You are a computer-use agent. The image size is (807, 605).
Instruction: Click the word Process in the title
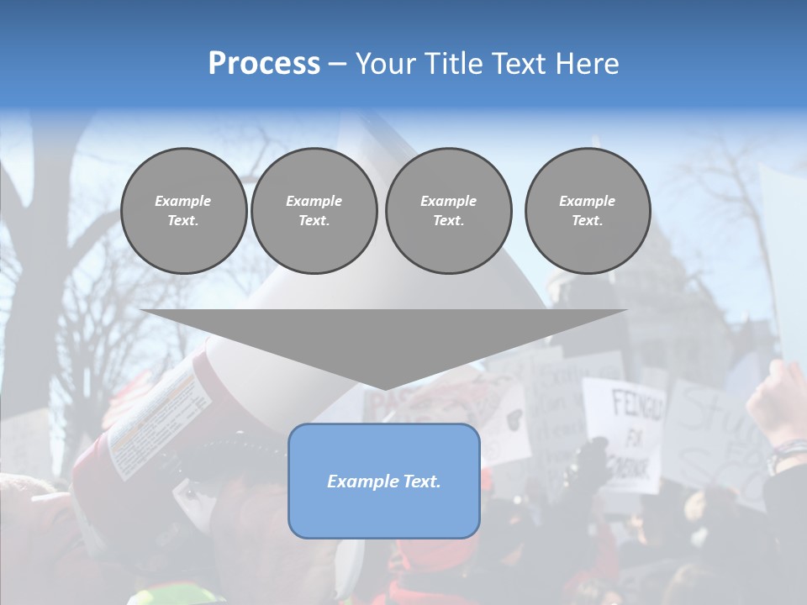264,64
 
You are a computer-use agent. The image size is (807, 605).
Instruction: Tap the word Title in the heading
450,64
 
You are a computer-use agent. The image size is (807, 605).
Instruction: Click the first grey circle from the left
184,211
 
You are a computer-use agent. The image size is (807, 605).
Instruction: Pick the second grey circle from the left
314,211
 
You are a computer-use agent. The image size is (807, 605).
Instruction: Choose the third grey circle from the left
449,211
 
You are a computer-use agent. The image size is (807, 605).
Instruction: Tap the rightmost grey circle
588,211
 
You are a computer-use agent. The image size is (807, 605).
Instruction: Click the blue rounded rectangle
384,513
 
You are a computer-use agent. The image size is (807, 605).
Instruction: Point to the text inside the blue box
384,481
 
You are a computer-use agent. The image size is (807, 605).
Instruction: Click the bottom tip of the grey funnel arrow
384,387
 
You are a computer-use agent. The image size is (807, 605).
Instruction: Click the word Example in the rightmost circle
588,201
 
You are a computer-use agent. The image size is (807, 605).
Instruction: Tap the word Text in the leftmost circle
182,221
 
